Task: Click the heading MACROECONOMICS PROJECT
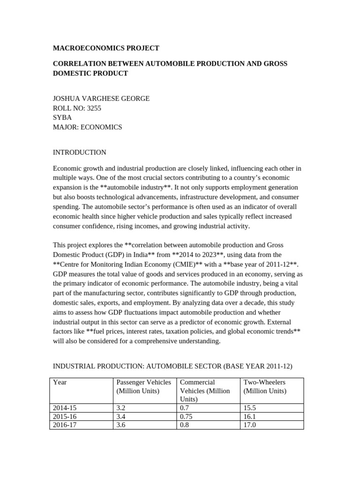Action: pos(106,48)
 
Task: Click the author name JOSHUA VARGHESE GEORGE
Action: pos(101,98)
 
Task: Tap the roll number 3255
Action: pos(92,108)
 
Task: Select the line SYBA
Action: pos(62,117)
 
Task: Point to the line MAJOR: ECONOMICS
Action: pos(87,127)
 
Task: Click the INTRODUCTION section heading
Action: pos(79,152)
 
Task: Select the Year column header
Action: pos(60,382)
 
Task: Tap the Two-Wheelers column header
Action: pos(264,382)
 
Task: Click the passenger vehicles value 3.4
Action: pos(121,417)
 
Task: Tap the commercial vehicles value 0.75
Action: pos(187,417)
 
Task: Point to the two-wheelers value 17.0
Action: pos(250,425)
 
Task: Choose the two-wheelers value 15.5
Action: pos(250,408)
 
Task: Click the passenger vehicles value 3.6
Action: pos(121,425)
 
